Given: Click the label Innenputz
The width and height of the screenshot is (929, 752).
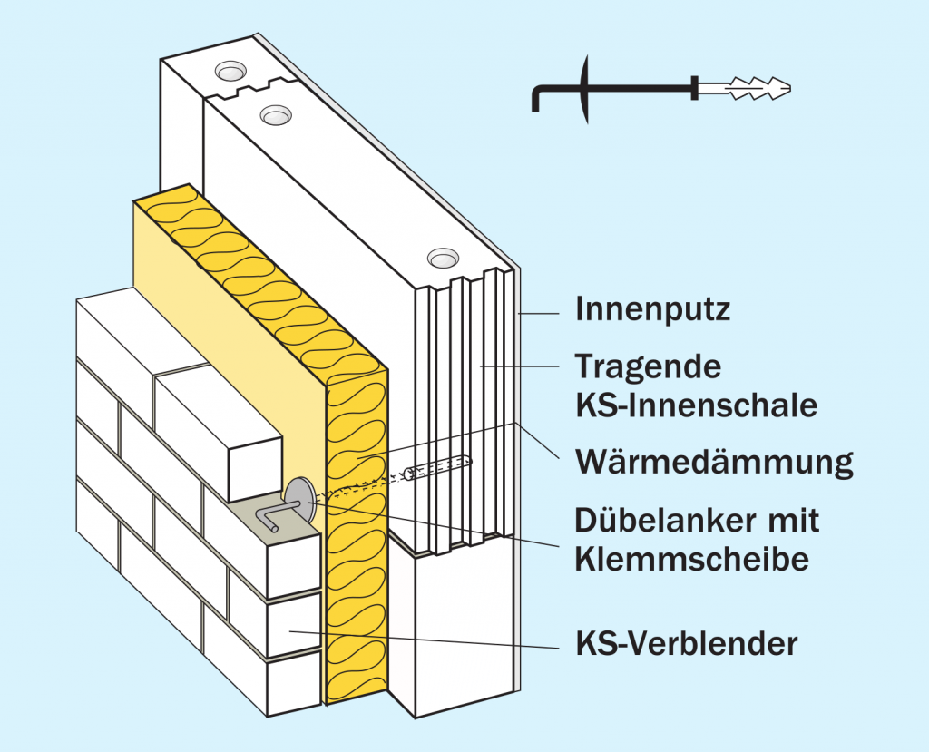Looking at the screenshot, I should coord(652,310).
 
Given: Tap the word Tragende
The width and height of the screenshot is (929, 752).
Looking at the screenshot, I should coord(649,367).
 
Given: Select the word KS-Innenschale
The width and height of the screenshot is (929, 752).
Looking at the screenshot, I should coord(696,405).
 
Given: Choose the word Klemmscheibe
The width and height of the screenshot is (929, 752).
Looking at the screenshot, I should coord(691,559).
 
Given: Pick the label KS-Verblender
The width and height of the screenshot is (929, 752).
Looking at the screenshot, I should coord(686,644).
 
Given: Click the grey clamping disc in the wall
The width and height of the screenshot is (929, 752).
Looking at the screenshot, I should coord(298,494).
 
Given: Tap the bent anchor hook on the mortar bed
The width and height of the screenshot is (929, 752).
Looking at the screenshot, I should coord(268,519).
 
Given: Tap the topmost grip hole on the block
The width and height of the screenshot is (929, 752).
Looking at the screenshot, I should coord(230,70).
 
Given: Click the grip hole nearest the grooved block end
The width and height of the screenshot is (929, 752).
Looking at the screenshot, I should coord(443,259).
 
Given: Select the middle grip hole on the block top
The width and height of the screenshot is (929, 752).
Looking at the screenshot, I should coord(274,115).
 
